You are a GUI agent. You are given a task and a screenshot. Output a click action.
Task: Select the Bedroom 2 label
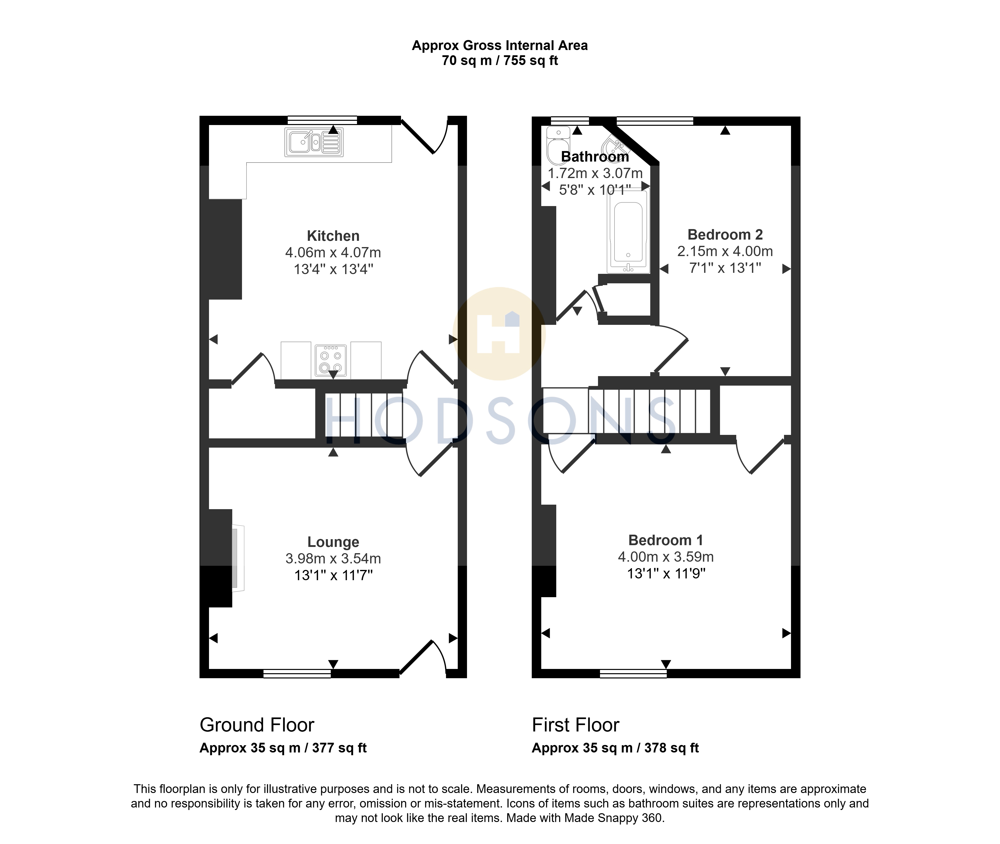[725, 235]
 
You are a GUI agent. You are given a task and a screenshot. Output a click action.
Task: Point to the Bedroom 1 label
[666, 540]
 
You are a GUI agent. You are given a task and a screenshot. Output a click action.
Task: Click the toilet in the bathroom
[558, 146]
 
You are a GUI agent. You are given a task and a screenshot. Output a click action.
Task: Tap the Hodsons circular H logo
[499, 334]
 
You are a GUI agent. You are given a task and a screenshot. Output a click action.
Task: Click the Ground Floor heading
[257, 725]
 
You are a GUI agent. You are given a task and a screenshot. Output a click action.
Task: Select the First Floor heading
[575, 725]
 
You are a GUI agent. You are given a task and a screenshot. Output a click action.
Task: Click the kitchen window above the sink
[322, 120]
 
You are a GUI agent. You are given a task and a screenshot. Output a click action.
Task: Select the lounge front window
[297, 674]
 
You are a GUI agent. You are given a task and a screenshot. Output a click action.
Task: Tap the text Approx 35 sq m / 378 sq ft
[615, 748]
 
